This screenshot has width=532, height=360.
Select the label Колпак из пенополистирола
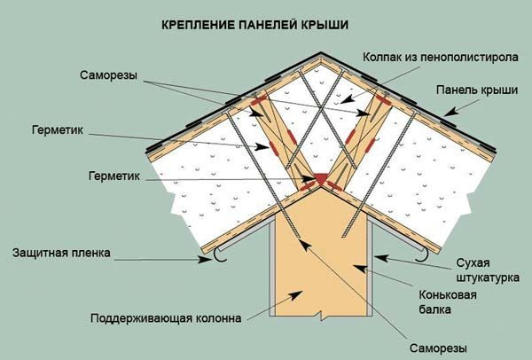click(x=441, y=57)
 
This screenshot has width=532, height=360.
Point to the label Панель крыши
click(x=477, y=90)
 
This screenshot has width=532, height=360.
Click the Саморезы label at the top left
click(x=108, y=75)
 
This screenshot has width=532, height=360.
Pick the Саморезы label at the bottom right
click(x=438, y=348)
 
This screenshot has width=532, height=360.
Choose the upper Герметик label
click(x=58, y=130)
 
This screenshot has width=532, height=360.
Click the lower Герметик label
click(x=114, y=176)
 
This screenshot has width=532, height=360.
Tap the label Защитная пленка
click(x=61, y=253)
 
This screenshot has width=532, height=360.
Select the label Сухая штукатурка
click(x=488, y=270)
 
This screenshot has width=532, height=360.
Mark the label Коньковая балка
click(x=448, y=302)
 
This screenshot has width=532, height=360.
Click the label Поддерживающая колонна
click(x=166, y=318)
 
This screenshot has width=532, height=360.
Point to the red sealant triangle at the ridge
click(x=321, y=178)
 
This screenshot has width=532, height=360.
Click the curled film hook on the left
click(x=221, y=256)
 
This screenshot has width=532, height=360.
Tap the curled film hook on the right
click(x=422, y=255)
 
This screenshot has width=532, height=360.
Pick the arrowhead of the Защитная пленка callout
click(x=205, y=260)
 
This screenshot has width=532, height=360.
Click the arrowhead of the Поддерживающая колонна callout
click(x=296, y=294)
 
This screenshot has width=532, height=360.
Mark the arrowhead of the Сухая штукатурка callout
click(x=380, y=258)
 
